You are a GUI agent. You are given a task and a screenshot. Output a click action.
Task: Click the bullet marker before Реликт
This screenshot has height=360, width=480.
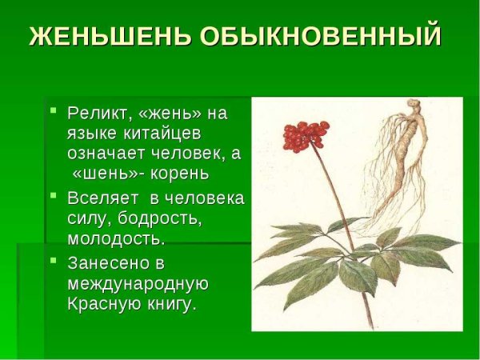click(53, 110)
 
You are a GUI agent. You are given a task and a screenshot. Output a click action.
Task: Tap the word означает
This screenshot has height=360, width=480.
click(106, 153)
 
